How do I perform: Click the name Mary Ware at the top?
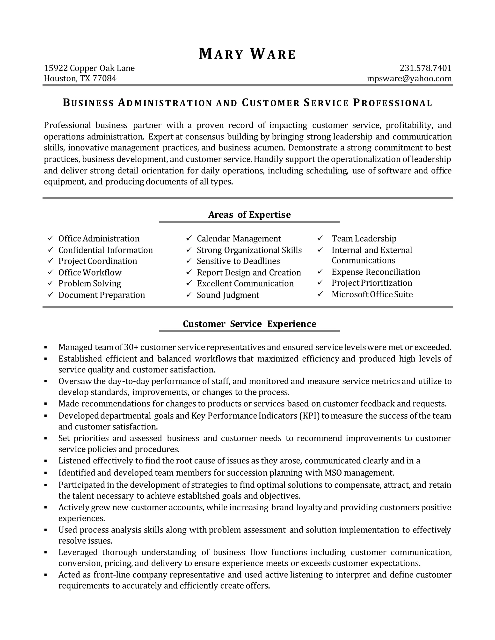[x=247, y=54]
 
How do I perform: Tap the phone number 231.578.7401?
[x=425, y=68]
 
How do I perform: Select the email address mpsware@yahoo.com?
[x=409, y=78]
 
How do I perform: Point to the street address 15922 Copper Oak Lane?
[x=89, y=68]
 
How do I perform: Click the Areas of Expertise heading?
[x=249, y=215]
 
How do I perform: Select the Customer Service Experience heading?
[x=249, y=324]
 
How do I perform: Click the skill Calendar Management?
[x=239, y=239]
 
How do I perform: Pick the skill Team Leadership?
[x=364, y=239]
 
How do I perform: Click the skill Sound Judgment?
[x=228, y=295]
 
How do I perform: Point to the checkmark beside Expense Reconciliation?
[x=320, y=272]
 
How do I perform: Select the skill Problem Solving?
[x=89, y=284]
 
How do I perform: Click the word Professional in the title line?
[x=392, y=103]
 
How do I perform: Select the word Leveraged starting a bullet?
[x=78, y=552]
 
